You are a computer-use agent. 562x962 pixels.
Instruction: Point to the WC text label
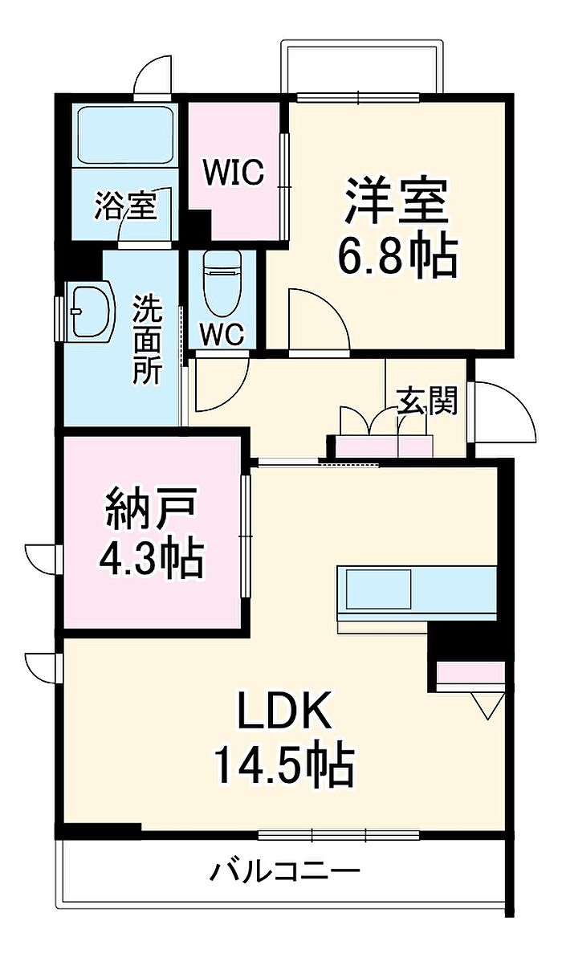(222, 336)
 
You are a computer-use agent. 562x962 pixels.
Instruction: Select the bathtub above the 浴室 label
(125, 137)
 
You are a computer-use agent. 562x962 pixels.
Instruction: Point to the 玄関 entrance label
(427, 401)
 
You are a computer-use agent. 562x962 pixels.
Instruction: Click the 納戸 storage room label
(151, 511)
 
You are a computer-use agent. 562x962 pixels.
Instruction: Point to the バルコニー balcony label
(285, 870)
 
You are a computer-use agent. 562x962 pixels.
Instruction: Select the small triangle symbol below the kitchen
(484, 706)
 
